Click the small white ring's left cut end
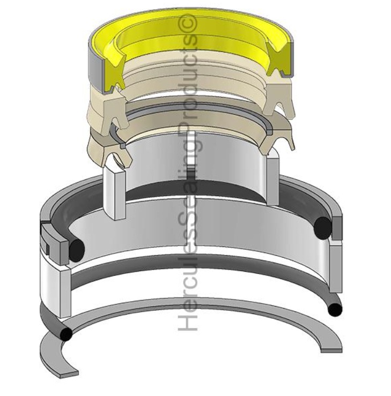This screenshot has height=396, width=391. [115, 193]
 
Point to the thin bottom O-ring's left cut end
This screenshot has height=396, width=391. [66, 334]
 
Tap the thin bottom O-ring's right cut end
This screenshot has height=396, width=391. [335, 309]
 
